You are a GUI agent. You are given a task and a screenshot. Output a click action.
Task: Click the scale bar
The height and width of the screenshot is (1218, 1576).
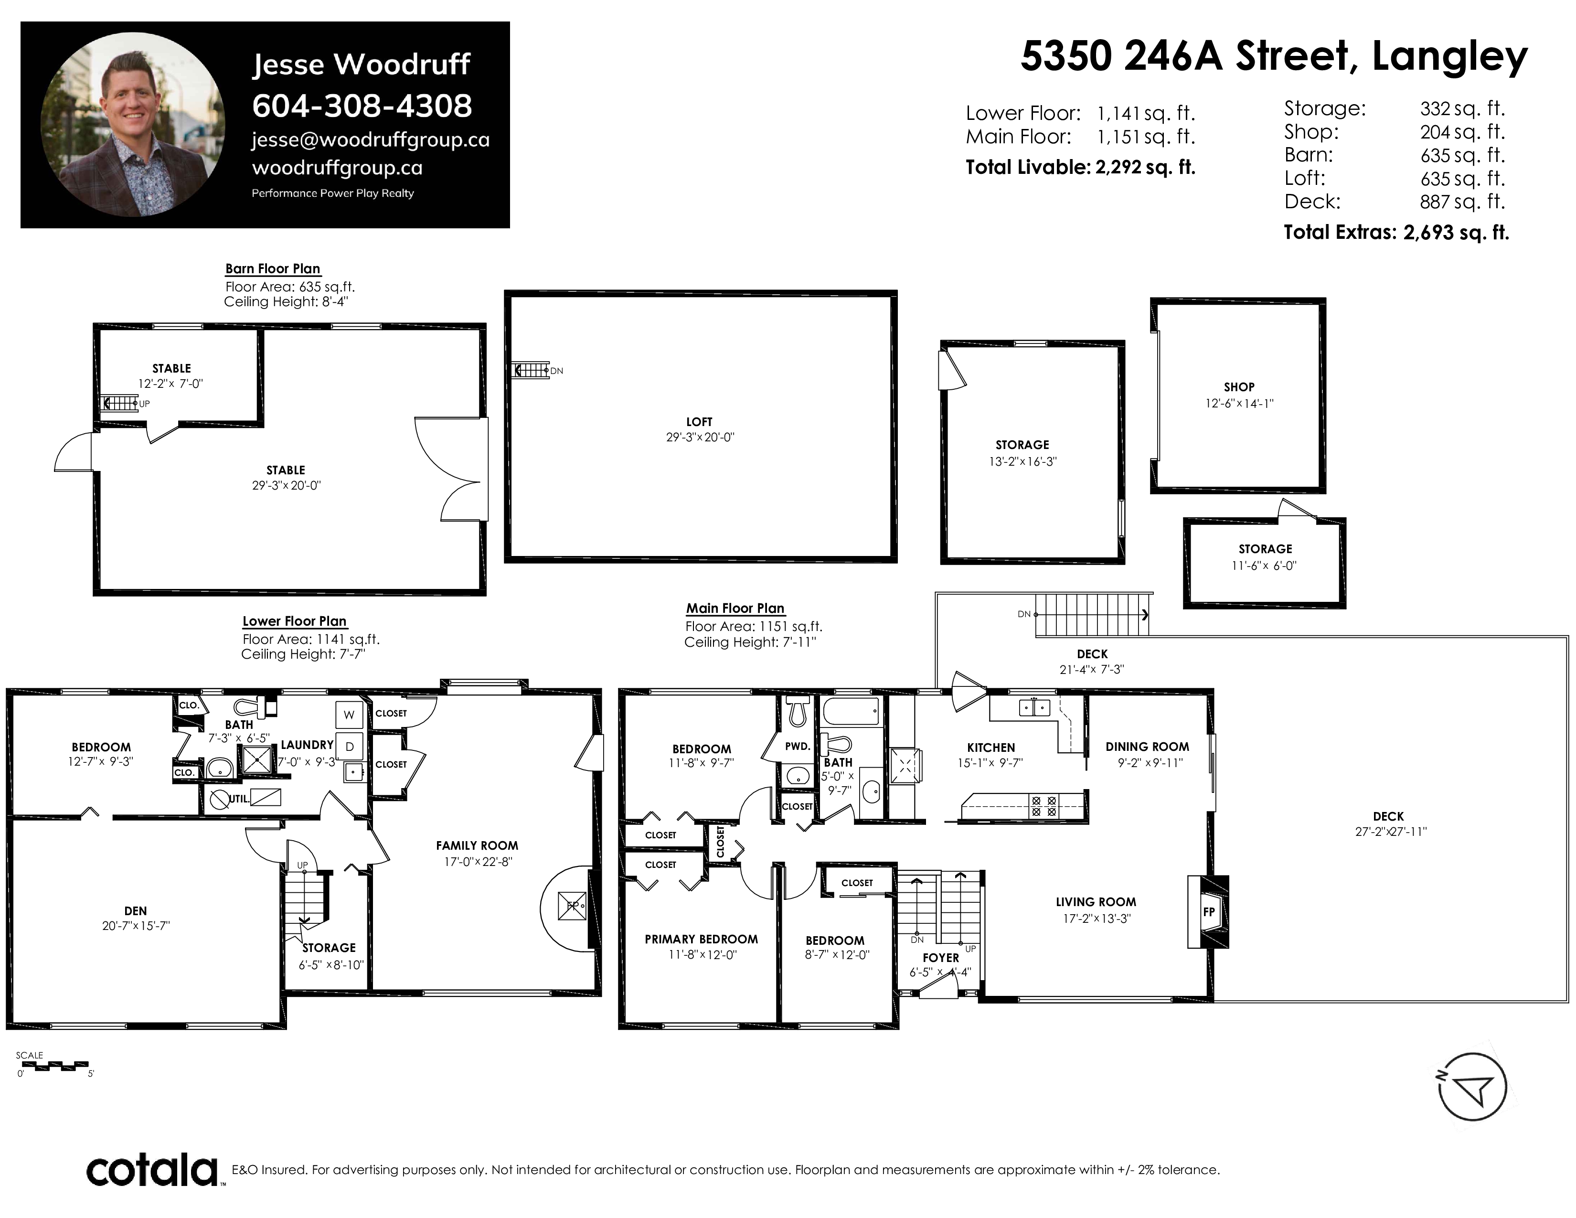click(x=53, y=1065)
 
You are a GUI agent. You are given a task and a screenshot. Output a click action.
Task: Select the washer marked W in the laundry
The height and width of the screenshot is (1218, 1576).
click(x=349, y=715)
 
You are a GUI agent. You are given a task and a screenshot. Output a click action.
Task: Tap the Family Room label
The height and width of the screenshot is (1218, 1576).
click(x=477, y=845)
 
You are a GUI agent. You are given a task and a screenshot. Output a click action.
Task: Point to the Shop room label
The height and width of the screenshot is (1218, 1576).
click(x=1239, y=387)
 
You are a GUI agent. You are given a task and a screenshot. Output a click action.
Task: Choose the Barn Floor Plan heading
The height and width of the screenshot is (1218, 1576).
click(x=273, y=268)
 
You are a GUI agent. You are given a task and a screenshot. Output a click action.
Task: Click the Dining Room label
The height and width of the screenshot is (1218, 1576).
click(x=1147, y=747)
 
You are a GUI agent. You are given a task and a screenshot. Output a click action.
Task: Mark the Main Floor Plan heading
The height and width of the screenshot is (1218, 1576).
click(x=735, y=608)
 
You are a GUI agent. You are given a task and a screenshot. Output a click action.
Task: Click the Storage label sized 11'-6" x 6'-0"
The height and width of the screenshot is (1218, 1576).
click(x=1265, y=549)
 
